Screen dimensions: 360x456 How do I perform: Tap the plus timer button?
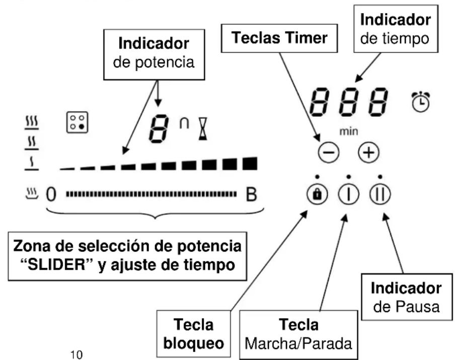tap(367, 153)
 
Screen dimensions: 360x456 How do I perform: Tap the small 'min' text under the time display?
tap(347, 131)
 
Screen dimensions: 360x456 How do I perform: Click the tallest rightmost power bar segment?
tap(249, 163)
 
